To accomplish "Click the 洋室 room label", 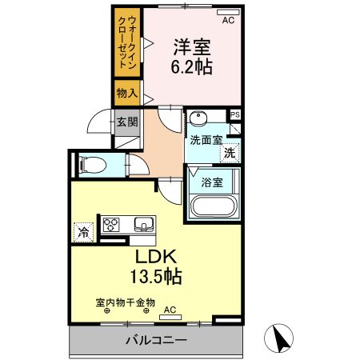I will tap(193, 46).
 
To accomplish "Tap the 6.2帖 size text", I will tap(193, 67).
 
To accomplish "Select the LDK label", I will tap(155, 258).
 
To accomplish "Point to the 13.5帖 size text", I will tap(155, 278).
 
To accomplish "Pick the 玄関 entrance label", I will tap(126, 122).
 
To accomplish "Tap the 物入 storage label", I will tap(126, 94).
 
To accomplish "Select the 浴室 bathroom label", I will tap(212, 181).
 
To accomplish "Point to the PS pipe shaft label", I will tap(234, 114).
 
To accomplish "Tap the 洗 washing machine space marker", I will tap(230, 152).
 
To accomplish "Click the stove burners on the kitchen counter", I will tap(110, 223).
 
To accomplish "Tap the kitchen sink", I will tap(144, 223).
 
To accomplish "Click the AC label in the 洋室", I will tap(228, 19).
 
